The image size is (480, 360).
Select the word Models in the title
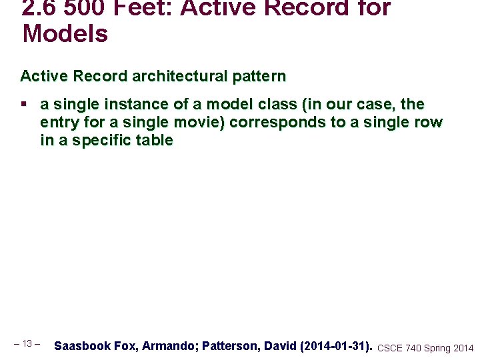click(x=65, y=33)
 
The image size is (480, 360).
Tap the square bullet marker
click(x=24, y=105)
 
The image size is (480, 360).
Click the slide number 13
click(x=27, y=344)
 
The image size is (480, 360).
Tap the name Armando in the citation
click(x=169, y=346)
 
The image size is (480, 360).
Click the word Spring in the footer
click(x=437, y=348)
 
